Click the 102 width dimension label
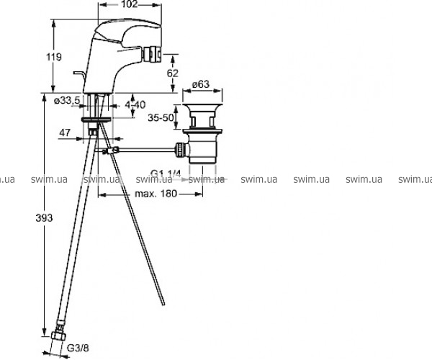pos(129,4)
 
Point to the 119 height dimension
pos(54,57)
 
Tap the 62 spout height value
pos(173,73)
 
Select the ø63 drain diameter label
pos(201,84)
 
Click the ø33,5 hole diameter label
pos(67,101)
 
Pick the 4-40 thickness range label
pos(135,104)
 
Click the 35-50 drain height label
pos(161,117)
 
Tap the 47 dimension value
pos(65,132)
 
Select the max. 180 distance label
pos(156,194)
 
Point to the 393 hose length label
pos(44,218)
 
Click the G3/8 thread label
pos(78,348)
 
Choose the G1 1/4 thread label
pos(166,174)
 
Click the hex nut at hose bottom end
pos(59,336)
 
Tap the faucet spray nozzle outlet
pos(151,54)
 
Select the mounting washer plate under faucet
pos(96,120)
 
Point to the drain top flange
pos(202,106)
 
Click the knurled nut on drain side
pos(180,149)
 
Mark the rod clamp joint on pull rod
pos(111,150)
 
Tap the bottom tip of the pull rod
pos(163,304)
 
